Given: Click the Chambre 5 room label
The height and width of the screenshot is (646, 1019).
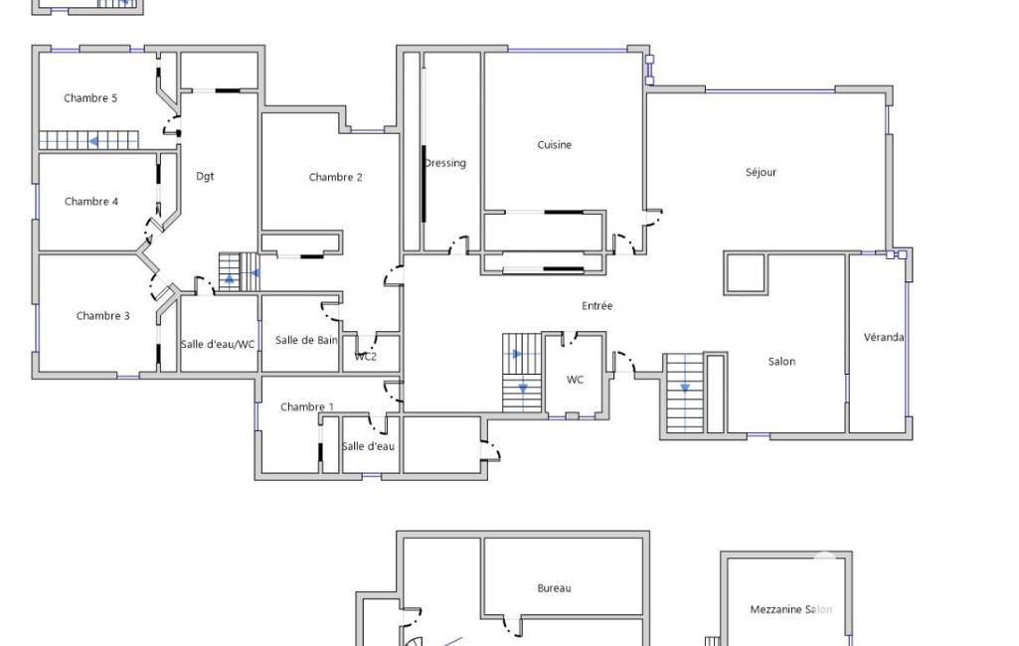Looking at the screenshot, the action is (x=90, y=98).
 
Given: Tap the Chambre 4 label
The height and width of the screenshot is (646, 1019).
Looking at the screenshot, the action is (x=91, y=202).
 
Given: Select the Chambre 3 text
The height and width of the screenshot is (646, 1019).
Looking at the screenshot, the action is (x=102, y=316).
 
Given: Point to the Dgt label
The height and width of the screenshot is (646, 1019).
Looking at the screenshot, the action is (x=205, y=176).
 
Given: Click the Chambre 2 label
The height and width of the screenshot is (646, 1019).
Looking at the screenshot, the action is (x=335, y=177).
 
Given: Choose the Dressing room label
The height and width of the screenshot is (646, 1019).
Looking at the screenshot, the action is (x=445, y=163).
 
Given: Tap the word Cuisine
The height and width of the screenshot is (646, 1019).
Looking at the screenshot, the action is (x=555, y=145).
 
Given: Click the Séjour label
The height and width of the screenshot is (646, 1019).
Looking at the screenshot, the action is (x=761, y=172).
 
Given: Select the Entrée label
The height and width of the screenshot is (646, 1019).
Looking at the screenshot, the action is (x=596, y=305).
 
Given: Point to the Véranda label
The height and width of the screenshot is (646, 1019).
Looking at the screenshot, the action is (x=884, y=337).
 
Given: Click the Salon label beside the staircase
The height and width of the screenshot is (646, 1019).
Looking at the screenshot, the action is (x=781, y=362).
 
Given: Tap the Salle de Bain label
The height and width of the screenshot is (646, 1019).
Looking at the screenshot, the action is (x=306, y=340).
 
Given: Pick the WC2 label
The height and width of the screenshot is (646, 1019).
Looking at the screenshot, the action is (x=365, y=356).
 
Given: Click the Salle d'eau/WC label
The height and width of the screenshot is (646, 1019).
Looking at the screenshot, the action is (x=218, y=344).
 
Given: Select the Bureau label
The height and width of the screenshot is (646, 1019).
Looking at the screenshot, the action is (x=554, y=588).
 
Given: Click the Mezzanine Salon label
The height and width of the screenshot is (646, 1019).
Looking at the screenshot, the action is (x=791, y=609).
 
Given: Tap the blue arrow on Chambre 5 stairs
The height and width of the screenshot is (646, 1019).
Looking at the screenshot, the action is (x=94, y=141).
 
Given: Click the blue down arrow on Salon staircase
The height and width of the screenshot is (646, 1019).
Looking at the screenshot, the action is (x=685, y=389).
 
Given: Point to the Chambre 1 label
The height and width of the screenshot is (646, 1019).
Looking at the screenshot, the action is (x=307, y=406).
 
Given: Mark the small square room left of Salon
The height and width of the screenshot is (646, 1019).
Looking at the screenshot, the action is (x=746, y=273).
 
